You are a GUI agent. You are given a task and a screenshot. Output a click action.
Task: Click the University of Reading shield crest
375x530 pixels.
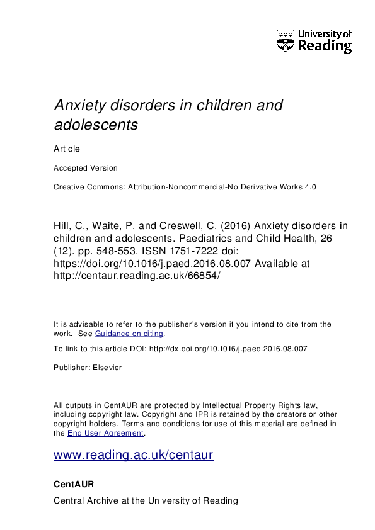(x=286, y=40)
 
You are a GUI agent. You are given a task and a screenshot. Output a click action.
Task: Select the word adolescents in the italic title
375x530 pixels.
(x=96, y=125)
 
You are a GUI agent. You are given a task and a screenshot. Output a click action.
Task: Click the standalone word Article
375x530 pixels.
(x=67, y=149)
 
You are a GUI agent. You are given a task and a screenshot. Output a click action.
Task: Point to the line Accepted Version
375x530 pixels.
(x=85, y=168)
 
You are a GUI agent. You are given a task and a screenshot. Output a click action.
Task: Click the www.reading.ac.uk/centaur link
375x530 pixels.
(x=134, y=454)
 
